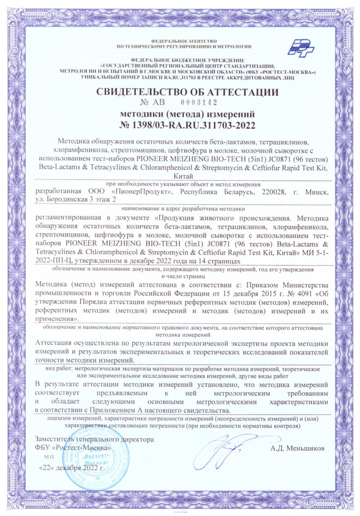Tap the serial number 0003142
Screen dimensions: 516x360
[199, 102]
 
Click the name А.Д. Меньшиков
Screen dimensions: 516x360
[297, 449]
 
